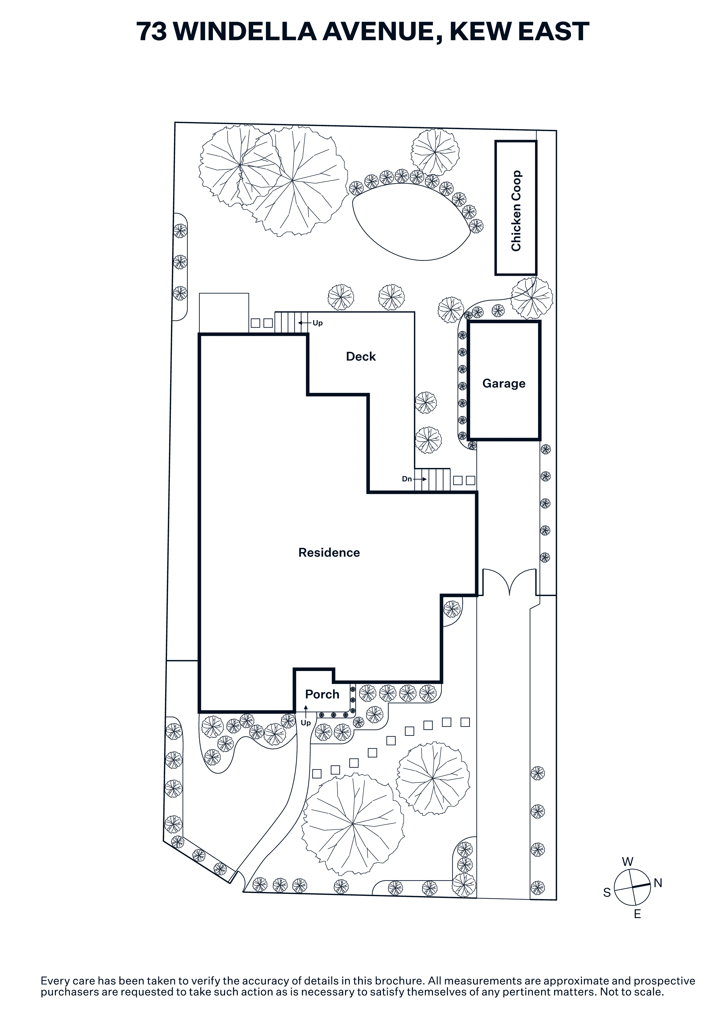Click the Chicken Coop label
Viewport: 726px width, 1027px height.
[516, 211]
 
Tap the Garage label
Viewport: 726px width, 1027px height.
[504, 384]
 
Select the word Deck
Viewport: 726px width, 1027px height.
[361, 357]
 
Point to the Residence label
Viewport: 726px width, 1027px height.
[329, 553]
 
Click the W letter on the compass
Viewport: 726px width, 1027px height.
[628, 862]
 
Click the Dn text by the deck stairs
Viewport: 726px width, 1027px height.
[406, 479]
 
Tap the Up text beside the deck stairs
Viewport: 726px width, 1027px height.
[317, 323]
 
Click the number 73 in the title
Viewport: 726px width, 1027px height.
[152, 31]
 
